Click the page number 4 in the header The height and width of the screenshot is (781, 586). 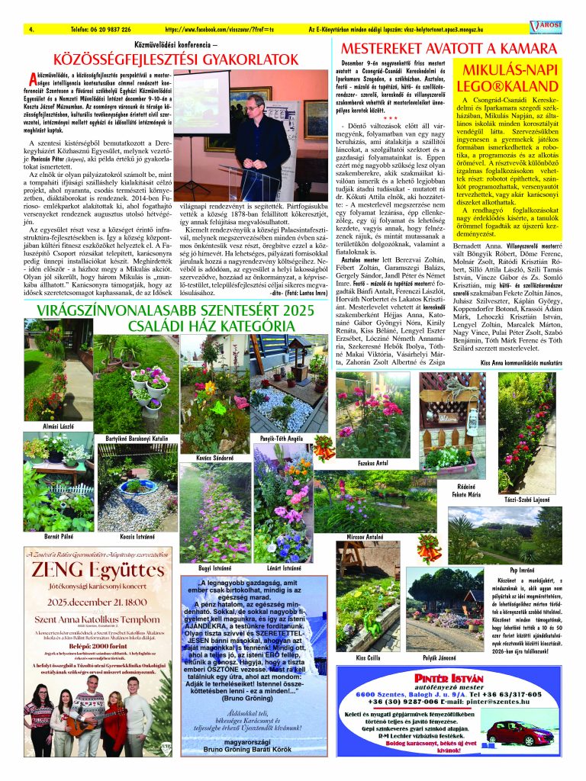(31, 29)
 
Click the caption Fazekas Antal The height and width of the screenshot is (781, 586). (372, 463)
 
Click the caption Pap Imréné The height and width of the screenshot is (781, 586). (553, 569)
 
